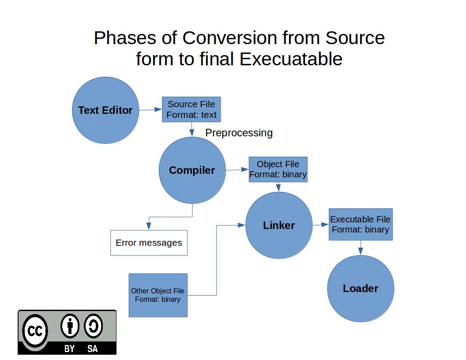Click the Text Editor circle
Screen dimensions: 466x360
pyautogui.click(x=105, y=110)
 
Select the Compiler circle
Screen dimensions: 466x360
pyautogui.click(x=192, y=170)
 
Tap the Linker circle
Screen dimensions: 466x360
pyautogui.click(x=279, y=225)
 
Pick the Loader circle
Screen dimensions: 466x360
pyautogui.click(x=361, y=289)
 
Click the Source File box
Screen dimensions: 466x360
pyautogui.click(x=192, y=109)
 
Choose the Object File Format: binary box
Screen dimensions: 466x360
pyautogui.click(x=278, y=169)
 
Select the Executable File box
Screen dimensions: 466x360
pyautogui.click(x=361, y=224)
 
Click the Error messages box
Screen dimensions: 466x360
pyautogui.click(x=149, y=243)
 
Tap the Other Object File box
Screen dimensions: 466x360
pyautogui.click(x=158, y=295)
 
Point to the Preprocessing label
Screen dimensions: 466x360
pyautogui.click(x=239, y=133)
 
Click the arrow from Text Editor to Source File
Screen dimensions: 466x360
pyautogui.click(x=150, y=109)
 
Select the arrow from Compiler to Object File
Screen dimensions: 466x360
pyautogui.click(x=237, y=169)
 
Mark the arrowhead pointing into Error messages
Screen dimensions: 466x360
pyautogui.click(x=149, y=226)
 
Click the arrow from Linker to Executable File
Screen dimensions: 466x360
pyautogui.click(x=321, y=225)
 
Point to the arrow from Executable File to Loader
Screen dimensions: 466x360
pyautogui.click(x=361, y=248)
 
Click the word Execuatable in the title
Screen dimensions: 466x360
pyautogui.click(x=291, y=59)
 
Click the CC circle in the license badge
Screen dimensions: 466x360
pyautogui.click(x=35, y=331)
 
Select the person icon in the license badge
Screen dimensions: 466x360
pyautogui.click(x=70, y=326)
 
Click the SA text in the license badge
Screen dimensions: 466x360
pyautogui.click(x=92, y=349)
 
